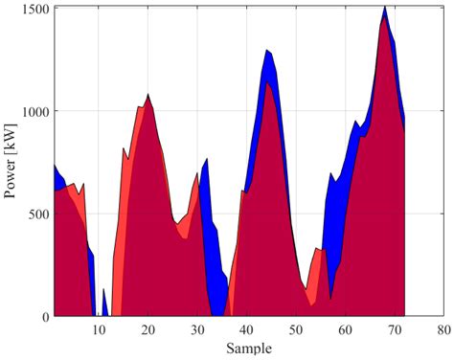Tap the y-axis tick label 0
[46, 316]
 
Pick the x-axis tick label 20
[148, 329]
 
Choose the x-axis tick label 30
[197, 329]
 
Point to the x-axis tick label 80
[443, 329]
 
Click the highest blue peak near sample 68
[384, 9]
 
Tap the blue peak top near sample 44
[267, 52]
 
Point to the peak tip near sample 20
[148, 95]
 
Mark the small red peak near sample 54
[317, 250]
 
